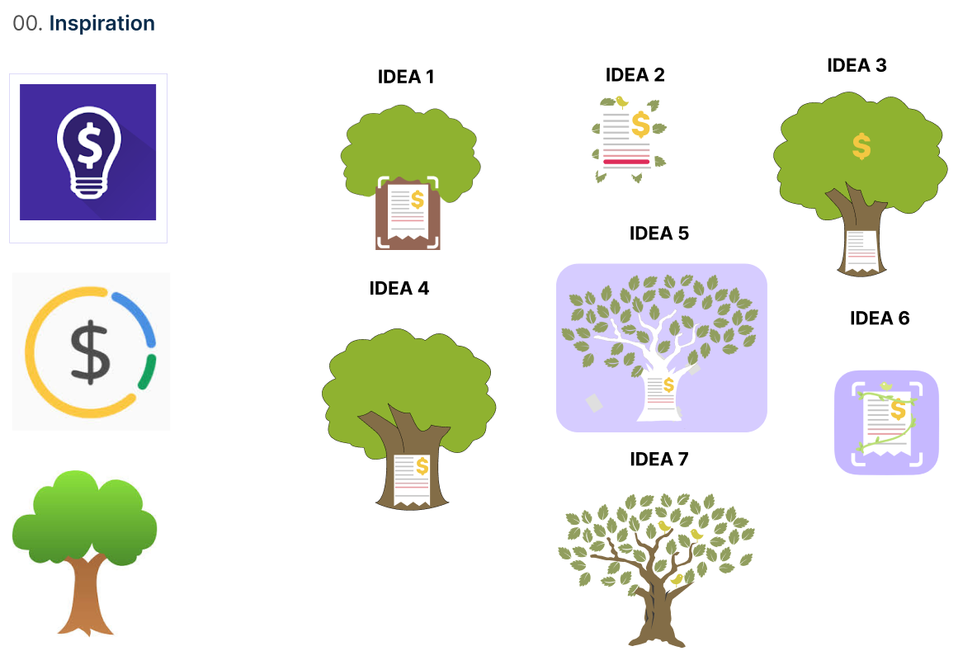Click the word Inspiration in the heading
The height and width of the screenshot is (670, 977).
pos(101,23)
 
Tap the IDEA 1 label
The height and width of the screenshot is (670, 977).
pos(405,77)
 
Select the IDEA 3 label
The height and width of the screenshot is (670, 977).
pos(857,65)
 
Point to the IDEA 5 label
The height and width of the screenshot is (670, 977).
pos(658,234)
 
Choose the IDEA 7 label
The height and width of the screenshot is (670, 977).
pos(658,459)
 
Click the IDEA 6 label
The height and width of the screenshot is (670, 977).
pos(880,318)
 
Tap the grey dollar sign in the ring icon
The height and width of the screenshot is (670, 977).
pos(89,352)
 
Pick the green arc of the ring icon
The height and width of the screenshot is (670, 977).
pos(149,372)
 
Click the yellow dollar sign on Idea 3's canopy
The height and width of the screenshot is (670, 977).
pos(861,146)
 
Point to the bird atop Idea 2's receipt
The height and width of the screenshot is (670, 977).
pos(621,102)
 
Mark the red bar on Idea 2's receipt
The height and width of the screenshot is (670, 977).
pos(626,162)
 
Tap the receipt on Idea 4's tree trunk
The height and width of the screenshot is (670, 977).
pos(411,479)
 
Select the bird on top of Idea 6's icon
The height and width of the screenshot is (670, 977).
pos(885,385)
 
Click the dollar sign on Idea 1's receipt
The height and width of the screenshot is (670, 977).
pos(418,199)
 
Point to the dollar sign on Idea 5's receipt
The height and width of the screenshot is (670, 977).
pos(668,385)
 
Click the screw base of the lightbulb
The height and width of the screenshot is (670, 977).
pos(87,187)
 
